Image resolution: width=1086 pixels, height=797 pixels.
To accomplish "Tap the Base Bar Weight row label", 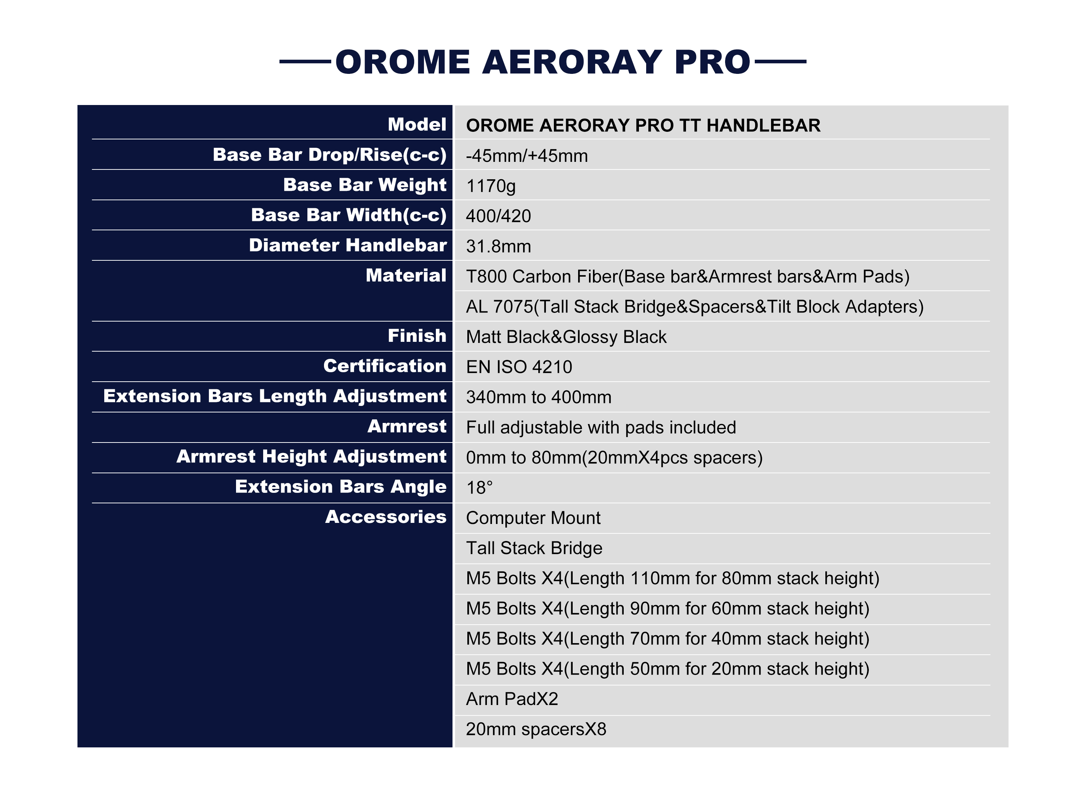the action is (x=365, y=185).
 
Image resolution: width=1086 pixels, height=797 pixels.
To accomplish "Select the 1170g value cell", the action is (x=491, y=186).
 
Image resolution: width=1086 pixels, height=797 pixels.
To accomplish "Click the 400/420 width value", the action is (x=498, y=216).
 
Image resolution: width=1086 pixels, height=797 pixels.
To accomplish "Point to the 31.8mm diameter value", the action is (x=498, y=246).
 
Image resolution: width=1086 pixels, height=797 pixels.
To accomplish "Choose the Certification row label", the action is (x=385, y=366).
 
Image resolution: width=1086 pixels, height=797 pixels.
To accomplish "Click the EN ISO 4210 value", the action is (x=519, y=367).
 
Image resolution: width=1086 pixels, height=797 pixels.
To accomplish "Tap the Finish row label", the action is (x=417, y=335).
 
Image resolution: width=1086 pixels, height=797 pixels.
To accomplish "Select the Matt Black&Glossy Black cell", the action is (x=566, y=337).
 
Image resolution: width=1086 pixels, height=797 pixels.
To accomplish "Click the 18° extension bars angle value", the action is (x=479, y=487).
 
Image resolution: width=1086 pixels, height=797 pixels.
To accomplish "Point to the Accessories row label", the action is (x=386, y=517).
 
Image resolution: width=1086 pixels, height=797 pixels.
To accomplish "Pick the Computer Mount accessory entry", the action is (x=533, y=518).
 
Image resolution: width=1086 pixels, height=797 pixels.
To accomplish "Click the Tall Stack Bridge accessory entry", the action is (x=534, y=548).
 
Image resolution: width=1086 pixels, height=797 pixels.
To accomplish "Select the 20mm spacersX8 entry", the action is (x=536, y=729).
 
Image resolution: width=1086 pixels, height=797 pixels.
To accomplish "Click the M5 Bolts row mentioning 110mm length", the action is (x=672, y=578).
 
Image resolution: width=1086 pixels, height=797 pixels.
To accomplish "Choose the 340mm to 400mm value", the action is (x=538, y=397).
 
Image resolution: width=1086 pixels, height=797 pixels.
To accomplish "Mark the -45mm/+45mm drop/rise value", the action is (x=527, y=156).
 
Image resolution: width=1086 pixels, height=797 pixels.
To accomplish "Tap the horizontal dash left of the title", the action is (x=305, y=61).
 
